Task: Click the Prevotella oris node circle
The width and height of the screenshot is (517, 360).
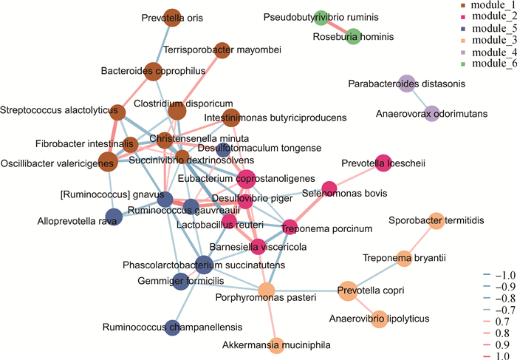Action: coord(172,18)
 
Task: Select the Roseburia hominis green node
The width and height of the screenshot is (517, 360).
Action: coord(354,35)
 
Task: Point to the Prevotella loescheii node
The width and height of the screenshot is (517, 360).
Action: coord(383,163)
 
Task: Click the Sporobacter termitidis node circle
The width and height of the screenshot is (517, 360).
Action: coord(436,220)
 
